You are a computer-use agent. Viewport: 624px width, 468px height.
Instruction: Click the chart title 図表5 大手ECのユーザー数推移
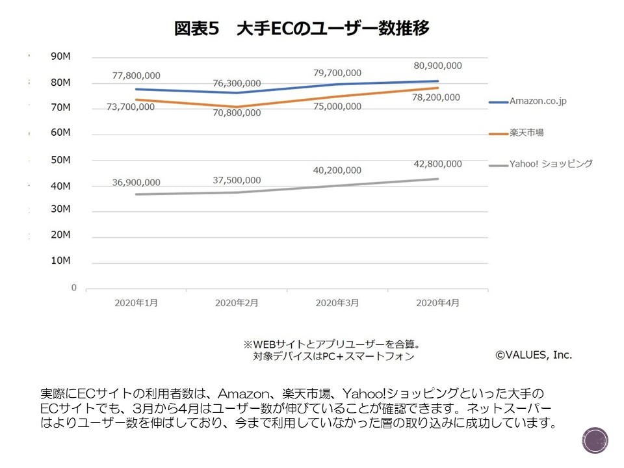302,29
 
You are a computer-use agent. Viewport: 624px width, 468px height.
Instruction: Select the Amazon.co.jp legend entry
538,101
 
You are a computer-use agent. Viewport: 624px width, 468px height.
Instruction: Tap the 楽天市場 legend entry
526,133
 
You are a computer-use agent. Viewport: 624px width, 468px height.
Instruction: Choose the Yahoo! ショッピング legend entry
551,164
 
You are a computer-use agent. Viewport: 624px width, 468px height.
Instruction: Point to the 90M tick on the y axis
60,57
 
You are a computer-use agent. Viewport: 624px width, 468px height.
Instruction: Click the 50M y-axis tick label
60,160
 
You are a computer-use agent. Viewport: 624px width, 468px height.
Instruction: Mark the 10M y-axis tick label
60,261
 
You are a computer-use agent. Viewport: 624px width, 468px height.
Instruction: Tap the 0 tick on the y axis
74,287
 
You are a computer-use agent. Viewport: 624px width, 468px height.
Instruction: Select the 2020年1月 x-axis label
136,303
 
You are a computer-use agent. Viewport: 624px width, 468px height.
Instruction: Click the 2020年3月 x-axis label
337,303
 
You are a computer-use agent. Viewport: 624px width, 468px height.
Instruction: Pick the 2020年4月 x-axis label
437,303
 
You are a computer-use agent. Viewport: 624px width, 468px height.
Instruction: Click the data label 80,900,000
437,66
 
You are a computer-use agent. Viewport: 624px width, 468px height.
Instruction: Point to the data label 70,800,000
237,113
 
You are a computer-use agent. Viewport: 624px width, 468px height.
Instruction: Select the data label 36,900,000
136,183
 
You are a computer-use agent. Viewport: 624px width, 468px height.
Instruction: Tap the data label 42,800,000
437,164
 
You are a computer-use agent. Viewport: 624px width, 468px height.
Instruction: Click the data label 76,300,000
237,83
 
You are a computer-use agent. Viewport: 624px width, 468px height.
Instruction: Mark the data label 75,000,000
337,107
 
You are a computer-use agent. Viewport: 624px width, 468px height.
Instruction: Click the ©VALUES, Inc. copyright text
534,355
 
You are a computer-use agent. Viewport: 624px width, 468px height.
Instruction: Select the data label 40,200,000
337,170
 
